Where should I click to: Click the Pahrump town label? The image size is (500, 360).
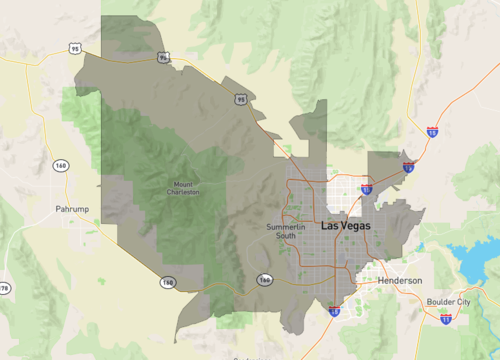coord(73,210)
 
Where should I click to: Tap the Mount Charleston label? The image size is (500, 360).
coord(184,189)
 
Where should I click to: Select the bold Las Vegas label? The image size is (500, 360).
coord(345,227)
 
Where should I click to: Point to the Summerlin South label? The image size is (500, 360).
coord(286,231)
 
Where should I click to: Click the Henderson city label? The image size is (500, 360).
coord(400,281)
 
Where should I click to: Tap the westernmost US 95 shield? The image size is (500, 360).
coord(76,48)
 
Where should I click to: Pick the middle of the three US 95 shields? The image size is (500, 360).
coord(163,58)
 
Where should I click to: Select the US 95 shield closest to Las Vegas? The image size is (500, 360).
coord(241,99)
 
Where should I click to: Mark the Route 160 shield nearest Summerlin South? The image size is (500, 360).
coord(264,280)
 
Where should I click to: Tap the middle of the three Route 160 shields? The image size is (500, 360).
coord(166,283)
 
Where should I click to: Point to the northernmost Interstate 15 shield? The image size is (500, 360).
coord(432,132)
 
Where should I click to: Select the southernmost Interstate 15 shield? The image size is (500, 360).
coord(332,311)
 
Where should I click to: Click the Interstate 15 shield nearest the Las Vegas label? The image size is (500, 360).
coord(366,188)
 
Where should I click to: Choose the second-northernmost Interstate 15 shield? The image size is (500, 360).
coord(408,168)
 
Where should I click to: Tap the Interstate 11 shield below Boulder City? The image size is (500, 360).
coord(445,317)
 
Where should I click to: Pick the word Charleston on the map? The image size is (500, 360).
coord(184,192)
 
